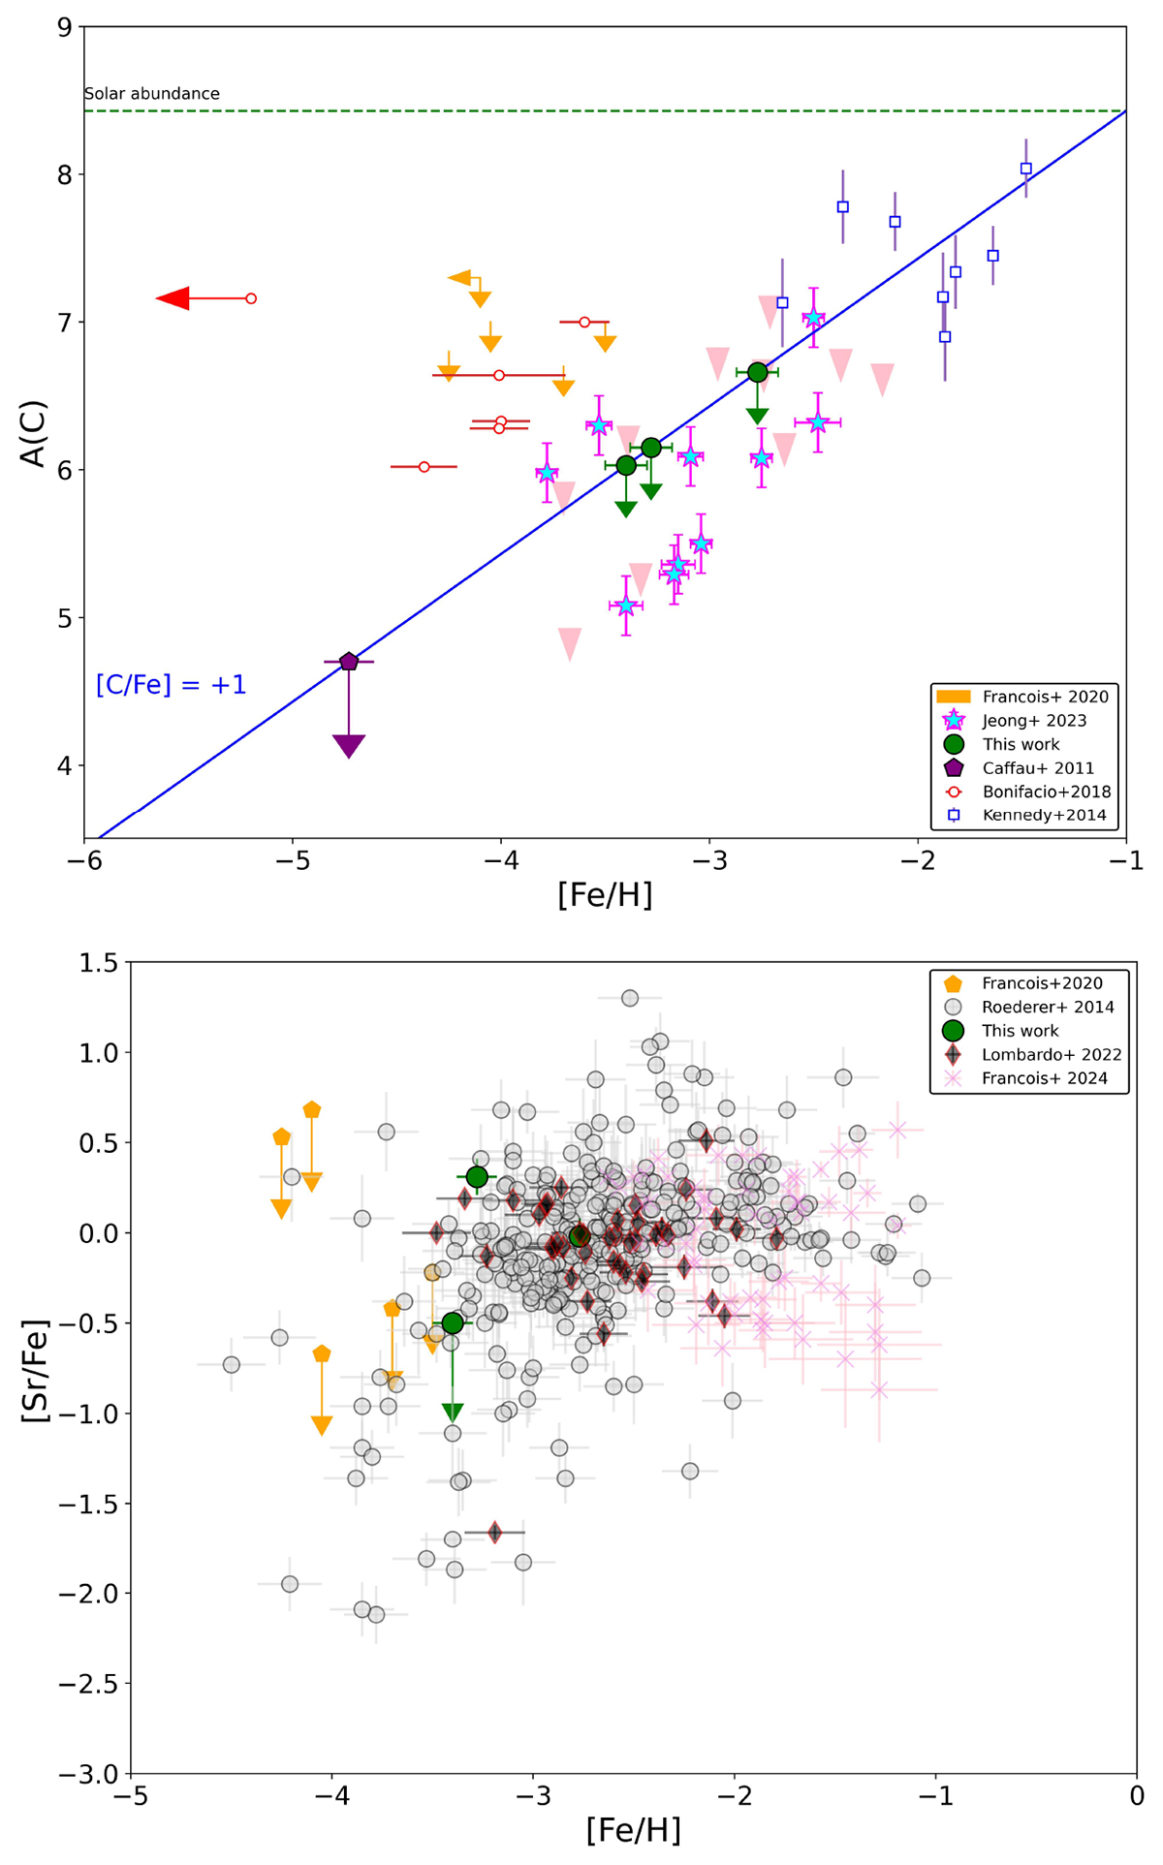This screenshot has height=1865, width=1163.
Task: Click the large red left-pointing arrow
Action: (174, 298)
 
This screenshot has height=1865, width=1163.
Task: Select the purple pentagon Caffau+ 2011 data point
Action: (349, 662)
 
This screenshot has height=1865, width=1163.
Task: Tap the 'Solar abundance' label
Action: (152, 94)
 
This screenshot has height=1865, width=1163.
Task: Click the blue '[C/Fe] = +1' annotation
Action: (172, 685)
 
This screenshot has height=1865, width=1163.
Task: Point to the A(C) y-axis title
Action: (34, 433)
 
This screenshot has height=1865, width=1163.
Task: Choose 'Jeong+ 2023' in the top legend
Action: (1034, 720)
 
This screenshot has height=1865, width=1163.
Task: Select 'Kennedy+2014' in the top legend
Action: (1044, 815)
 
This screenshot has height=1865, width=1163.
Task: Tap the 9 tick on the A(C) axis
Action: (65, 27)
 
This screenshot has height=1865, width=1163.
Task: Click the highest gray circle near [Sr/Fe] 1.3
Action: (630, 998)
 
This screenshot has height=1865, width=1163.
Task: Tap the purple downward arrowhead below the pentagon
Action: (349, 745)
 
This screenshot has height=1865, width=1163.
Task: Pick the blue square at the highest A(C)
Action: (1026, 169)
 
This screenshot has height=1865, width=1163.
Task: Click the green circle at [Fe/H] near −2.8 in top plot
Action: (758, 372)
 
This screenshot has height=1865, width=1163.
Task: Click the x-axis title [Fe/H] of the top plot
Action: (605, 895)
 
